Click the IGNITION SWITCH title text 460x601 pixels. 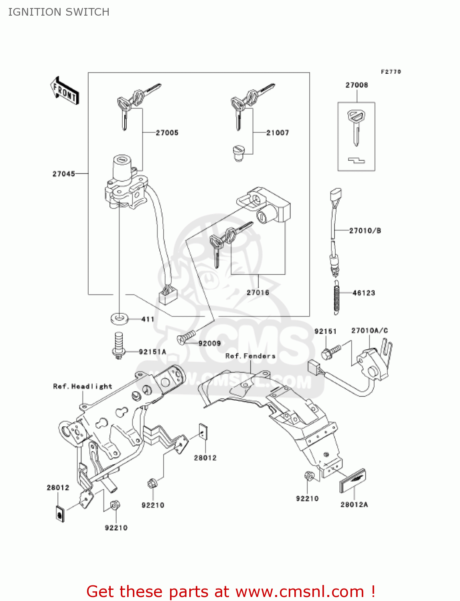point(59,12)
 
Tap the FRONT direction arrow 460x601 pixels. point(65,91)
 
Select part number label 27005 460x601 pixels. point(167,133)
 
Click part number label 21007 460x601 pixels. point(278,133)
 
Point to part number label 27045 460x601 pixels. point(63,174)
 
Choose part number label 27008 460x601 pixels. point(357,85)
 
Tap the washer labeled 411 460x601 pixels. point(119,319)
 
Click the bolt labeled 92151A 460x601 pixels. point(118,345)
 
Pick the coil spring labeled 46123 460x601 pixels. point(336,296)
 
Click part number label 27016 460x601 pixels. point(258,292)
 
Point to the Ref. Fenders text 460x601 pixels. point(250,356)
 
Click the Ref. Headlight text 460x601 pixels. point(83,386)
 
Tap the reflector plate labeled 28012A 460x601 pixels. point(353,480)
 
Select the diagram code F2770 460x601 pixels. point(391,72)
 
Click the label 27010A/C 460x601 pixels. point(369,331)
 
